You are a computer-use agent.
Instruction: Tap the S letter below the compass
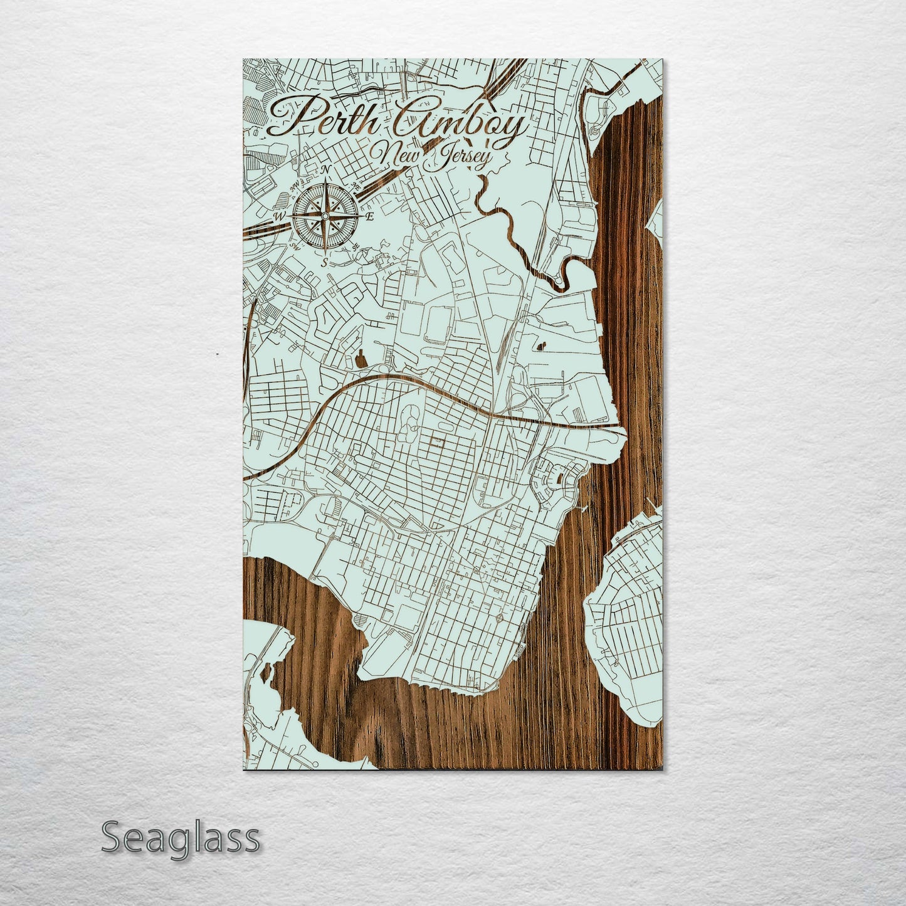click(x=324, y=263)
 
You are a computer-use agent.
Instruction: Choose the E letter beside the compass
click(x=370, y=217)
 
